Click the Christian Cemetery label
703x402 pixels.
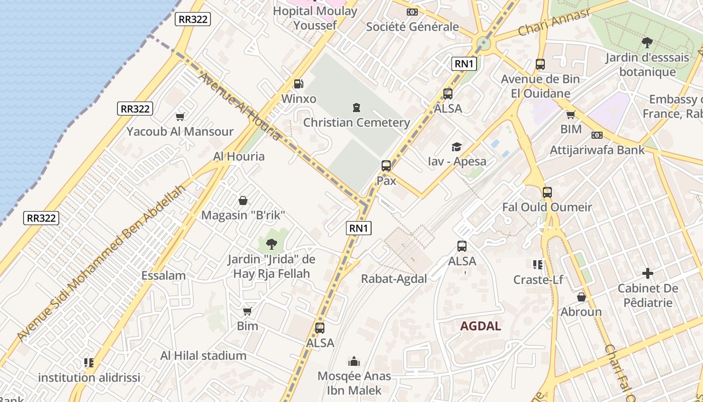point(357,123)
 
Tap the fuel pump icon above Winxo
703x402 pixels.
point(299,84)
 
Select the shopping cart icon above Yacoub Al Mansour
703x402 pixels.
point(180,117)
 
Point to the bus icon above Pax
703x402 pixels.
point(386,166)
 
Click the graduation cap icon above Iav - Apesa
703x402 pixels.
point(456,147)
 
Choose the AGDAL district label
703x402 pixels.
point(481,326)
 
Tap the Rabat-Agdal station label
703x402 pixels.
point(394,279)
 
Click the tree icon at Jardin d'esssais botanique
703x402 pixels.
point(647,43)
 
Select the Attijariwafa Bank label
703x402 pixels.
point(597,150)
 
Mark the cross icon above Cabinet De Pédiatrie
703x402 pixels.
point(648,274)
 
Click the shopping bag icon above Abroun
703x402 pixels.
point(581,297)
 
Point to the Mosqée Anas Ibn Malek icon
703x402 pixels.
point(354,361)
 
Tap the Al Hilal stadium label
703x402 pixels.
point(203,356)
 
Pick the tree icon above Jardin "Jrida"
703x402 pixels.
point(271,245)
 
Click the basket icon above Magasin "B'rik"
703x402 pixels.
point(243,200)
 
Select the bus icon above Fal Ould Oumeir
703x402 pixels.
point(547,192)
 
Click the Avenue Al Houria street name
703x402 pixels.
point(240,106)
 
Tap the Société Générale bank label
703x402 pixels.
point(412,27)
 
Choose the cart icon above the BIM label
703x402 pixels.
point(571,115)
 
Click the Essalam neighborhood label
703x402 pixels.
point(164,275)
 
